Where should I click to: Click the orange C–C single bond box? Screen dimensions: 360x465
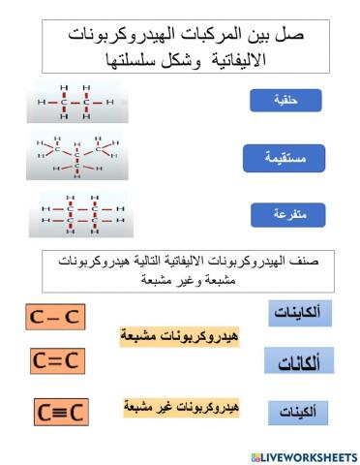pos(54,316)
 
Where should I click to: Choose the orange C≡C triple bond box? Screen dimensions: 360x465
pos(61,412)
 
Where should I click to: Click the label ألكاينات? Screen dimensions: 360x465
pos(297,315)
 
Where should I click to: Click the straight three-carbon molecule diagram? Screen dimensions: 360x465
pos(76,100)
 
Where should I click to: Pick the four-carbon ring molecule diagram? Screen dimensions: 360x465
pos(78,214)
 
